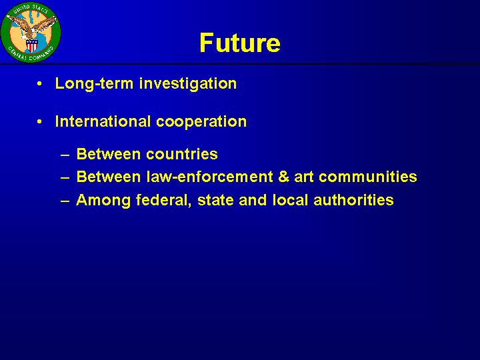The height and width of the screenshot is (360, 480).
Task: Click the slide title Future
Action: (x=240, y=43)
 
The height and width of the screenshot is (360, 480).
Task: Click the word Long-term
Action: (x=94, y=83)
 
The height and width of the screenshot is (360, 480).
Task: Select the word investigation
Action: (x=188, y=83)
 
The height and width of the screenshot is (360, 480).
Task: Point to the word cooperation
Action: (x=201, y=122)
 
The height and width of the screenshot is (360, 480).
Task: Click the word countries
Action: (x=182, y=154)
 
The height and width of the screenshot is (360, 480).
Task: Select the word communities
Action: (x=367, y=177)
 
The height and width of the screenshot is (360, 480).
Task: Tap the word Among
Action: (x=103, y=200)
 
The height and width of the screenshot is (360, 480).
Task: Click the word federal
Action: (x=164, y=200)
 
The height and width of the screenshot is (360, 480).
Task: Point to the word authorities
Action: (x=353, y=200)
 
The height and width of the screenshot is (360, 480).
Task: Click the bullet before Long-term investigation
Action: (x=39, y=83)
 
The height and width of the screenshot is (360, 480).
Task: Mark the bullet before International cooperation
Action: (x=39, y=121)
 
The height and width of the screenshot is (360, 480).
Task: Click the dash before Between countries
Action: (x=65, y=155)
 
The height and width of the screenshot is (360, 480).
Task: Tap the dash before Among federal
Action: (x=65, y=201)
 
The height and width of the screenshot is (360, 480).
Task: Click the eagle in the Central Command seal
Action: (x=31, y=27)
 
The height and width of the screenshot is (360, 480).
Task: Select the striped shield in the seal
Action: (x=31, y=45)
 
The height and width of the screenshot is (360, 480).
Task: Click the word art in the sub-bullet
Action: (x=304, y=177)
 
